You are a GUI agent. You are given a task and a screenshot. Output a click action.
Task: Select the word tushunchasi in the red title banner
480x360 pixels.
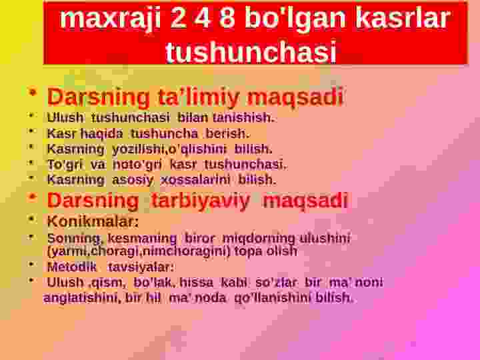250,51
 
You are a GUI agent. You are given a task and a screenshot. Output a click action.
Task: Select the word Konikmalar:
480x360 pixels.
93,221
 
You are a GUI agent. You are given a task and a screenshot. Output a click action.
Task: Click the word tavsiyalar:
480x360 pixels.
141,267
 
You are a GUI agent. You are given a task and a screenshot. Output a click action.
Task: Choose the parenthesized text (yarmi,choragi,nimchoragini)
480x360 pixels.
139,251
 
